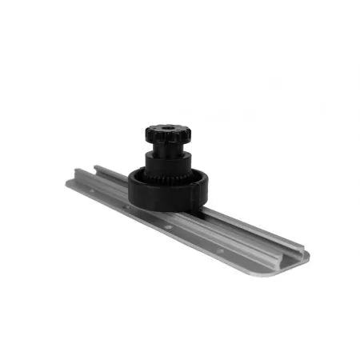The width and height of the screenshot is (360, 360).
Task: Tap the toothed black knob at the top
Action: [x=166, y=137]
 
